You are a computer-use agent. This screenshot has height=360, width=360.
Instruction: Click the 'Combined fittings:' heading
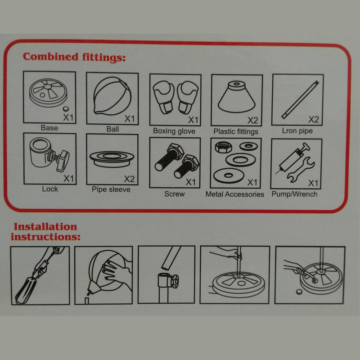coord(74,57)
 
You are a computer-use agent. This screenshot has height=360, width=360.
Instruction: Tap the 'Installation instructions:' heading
coord(45,232)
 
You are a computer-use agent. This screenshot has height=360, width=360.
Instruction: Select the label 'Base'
coord(49,128)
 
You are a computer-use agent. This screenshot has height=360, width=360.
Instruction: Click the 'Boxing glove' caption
coord(174,131)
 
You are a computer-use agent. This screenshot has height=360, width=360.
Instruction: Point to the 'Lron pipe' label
coord(297,131)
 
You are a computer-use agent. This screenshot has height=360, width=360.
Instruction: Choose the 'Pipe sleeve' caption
coord(111,189)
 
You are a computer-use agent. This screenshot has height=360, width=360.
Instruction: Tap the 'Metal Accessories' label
coord(234,194)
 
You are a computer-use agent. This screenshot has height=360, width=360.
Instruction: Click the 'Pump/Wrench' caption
coord(295,194)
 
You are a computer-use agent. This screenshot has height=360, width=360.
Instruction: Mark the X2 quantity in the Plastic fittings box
coord(253,121)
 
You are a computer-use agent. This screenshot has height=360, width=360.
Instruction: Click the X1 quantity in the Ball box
coord(130,119)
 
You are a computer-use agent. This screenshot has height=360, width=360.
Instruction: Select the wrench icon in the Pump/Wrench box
coord(301,170)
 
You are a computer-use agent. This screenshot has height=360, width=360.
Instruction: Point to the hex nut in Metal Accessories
coord(223,147)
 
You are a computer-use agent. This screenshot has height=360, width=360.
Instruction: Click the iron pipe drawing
coord(300,100)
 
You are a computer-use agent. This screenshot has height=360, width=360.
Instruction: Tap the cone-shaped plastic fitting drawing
coord(237,97)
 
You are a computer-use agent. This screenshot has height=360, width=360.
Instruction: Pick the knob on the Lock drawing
coord(63,161)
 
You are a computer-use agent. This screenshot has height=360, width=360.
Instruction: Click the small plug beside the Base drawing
coord(66,108)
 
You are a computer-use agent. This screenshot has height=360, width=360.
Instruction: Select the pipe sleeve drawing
coord(112,159)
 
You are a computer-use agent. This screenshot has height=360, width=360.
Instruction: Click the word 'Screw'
coord(175,194)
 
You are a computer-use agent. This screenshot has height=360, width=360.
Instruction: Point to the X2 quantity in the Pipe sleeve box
coord(129,179)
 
